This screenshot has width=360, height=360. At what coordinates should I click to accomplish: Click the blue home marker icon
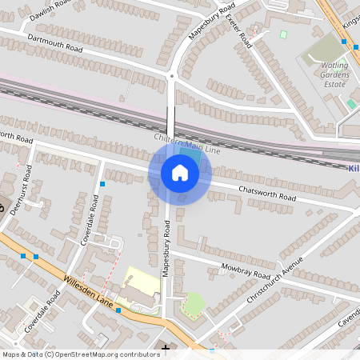point(179,173)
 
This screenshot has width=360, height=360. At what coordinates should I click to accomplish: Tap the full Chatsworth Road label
point(268,194)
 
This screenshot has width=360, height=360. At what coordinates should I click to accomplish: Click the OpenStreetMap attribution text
point(80,354)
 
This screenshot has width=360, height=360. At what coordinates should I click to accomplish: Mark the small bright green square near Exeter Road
point(283,34)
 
